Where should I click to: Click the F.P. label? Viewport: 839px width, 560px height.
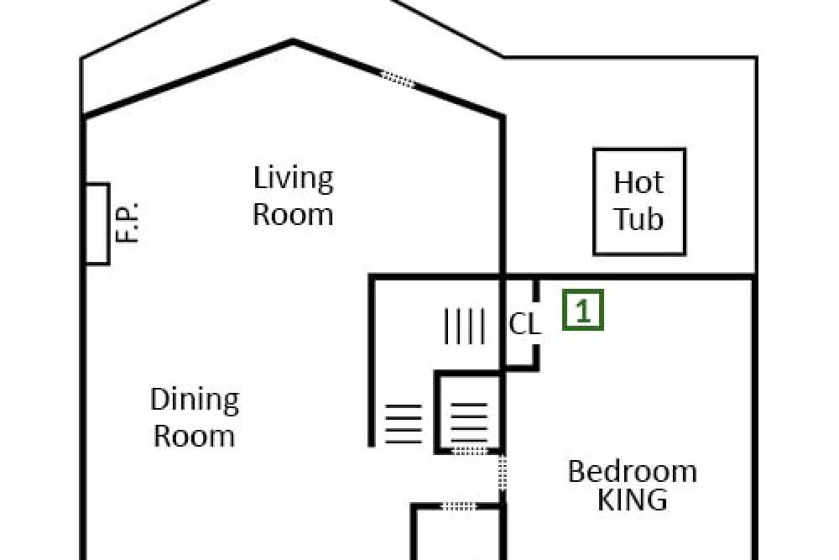click(128, 222)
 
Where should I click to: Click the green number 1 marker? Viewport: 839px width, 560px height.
click(583, 310)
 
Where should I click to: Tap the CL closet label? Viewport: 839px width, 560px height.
click(524, 324)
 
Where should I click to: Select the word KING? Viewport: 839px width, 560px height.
click(632, 500)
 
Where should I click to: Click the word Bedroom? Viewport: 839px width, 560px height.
click(632, 472)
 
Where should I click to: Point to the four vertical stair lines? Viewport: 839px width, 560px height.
click(465, 326)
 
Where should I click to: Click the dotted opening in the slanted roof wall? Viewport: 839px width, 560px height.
click(398, 79)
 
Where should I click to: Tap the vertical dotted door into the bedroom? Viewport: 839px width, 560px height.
click(503, 473)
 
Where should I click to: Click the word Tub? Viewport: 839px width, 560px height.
click(638, 219)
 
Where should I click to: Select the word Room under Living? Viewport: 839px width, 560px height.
click(293, 214)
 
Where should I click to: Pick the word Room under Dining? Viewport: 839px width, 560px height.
click(195, 436)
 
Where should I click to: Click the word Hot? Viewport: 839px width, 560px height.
click(638, 182)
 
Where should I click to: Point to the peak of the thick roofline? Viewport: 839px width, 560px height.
click(293, 40)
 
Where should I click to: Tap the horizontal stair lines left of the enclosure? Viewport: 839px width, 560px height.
click(404, 424)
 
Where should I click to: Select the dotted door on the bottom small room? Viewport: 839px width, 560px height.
click(459, 505)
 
